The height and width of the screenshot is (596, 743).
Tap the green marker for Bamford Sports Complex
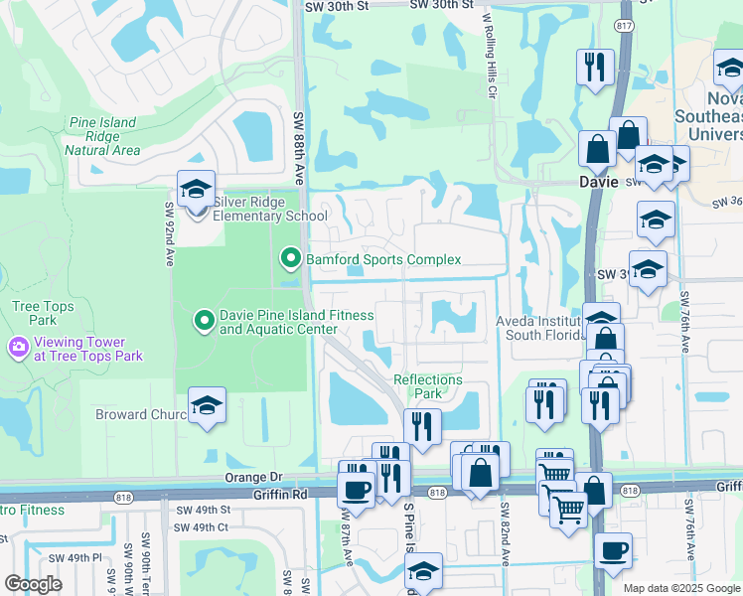coord(291,259)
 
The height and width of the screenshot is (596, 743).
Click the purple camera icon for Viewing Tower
coord(17,347)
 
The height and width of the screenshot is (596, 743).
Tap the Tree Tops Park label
coord(42,313)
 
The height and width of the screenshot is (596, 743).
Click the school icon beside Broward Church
coord(207,405)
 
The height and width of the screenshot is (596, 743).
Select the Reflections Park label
coord(428,386)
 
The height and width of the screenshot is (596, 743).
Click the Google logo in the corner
coord(33,583)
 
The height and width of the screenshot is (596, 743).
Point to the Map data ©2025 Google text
coord(680,588)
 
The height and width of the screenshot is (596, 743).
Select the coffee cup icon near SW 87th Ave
coord(356,488)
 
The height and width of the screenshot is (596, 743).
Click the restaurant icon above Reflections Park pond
coord(422,426)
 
